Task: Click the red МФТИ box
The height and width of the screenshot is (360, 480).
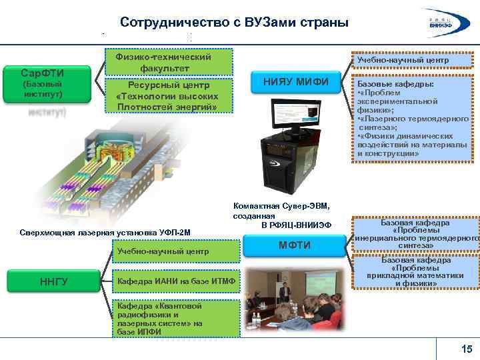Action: pyautogui.click(x=295, y=245)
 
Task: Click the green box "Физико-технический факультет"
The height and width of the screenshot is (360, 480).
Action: pyautogui.click(x=169, y=61)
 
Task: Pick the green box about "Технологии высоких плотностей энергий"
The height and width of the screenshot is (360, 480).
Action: pyautogui.click(x=169, y=96)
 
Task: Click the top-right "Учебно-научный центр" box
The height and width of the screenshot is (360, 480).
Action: pyautogui.click(x=412, y=61)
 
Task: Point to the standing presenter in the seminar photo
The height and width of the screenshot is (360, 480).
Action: pyautogui.click(x=284, y=293)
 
